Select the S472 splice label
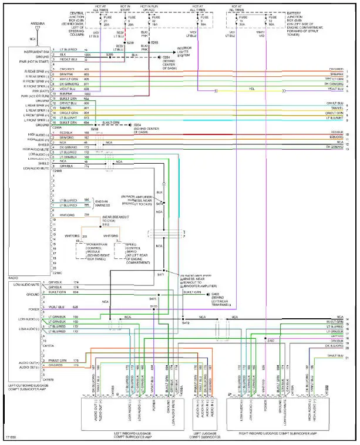tap(186, 323)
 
